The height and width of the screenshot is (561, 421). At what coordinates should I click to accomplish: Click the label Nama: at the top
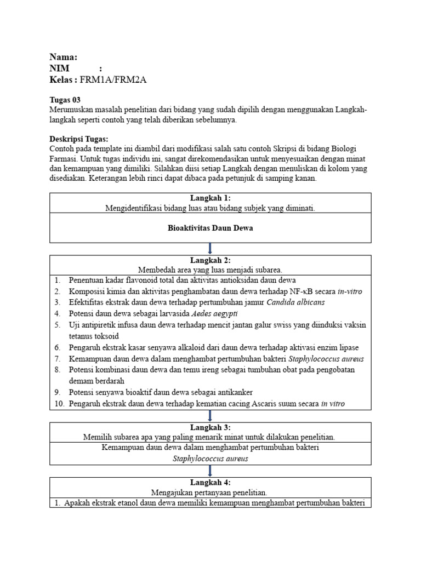(x=63, y=57)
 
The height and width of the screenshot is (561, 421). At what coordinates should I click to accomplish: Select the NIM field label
(x=60, y=68)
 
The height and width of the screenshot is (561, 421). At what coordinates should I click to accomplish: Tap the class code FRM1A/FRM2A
(x=113, y=80)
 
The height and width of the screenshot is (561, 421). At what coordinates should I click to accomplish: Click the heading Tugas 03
(x=64, y=100)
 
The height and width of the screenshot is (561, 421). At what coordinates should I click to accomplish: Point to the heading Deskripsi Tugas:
(x=79, y=138)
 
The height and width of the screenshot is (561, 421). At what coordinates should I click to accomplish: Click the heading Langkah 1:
(x=210, y=198)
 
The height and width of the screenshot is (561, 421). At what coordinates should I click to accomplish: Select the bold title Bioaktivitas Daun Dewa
(x=210, y=228)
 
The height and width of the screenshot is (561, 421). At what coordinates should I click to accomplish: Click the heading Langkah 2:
(x=210, y=260)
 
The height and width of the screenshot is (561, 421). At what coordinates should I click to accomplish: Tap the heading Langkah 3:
(x=210, y=427)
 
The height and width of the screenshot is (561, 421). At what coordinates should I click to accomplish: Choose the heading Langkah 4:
(x=210, y=483)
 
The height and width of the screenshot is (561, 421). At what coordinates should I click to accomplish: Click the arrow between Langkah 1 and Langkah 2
(x=210, y=248)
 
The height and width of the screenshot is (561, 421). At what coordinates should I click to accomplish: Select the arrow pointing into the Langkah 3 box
(x=210, y=415)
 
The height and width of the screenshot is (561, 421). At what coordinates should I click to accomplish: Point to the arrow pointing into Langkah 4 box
(x=210, y=470)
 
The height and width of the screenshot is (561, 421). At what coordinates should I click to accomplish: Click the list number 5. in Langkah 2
(x=58, y=325)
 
